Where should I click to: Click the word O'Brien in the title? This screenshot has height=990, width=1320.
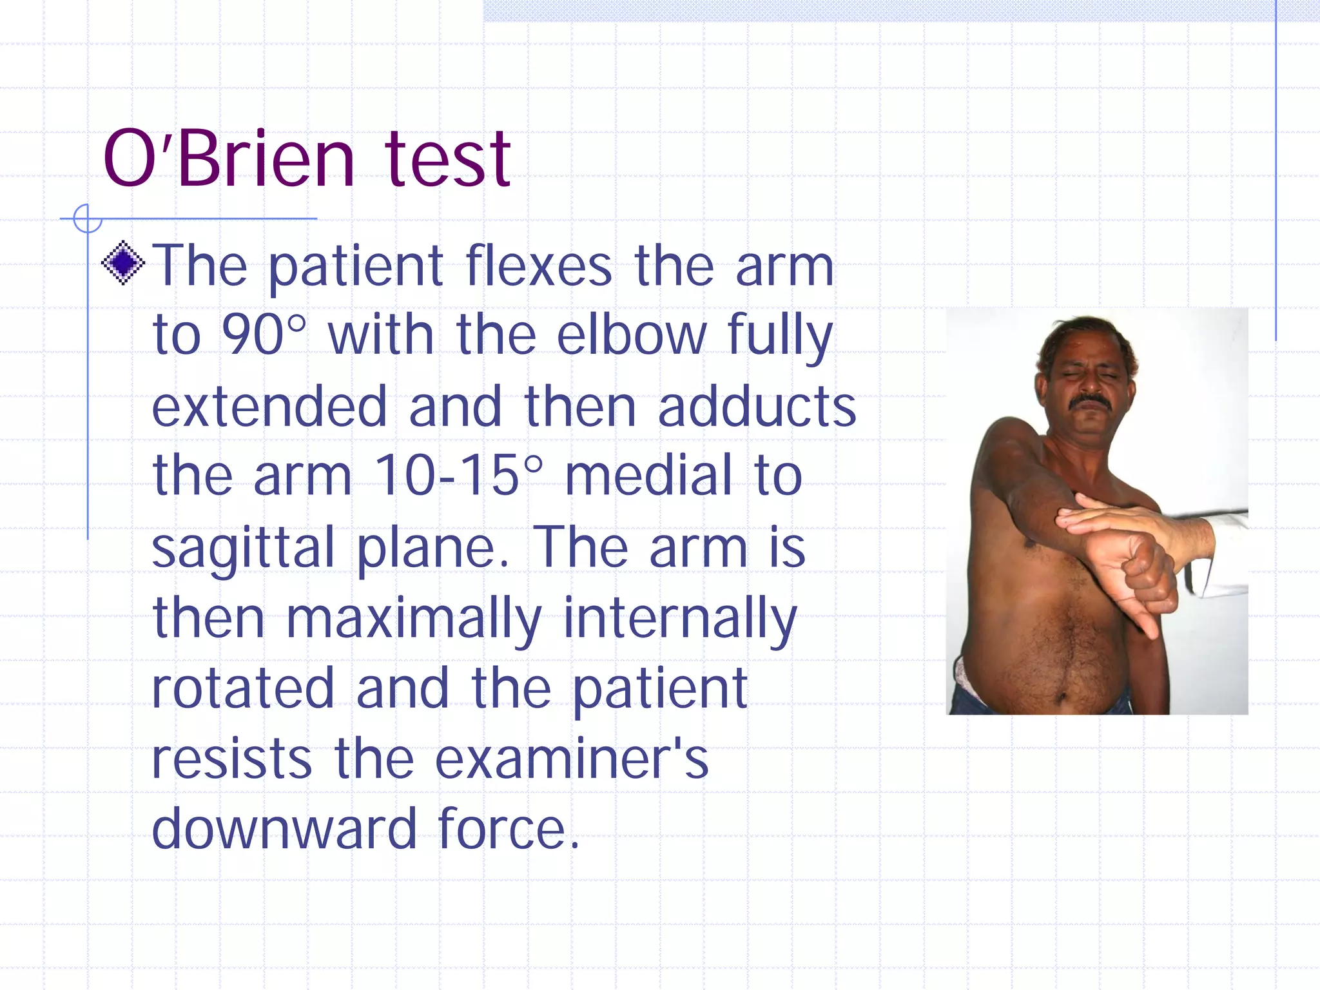(x=229, y=159)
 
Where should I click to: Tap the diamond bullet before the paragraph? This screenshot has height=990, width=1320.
(x=122, y=262)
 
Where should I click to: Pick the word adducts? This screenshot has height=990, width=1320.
(x=757, y=407)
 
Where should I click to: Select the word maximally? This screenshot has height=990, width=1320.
(x=413, y=619)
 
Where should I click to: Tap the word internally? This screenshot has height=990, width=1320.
(x=680, y=619)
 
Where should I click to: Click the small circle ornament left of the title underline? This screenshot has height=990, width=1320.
(x=88, y=218)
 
